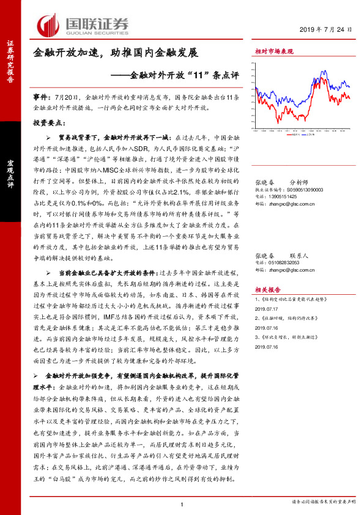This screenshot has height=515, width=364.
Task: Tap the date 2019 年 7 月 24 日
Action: point(327,29)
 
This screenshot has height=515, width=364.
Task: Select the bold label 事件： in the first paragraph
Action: point(42,97)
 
